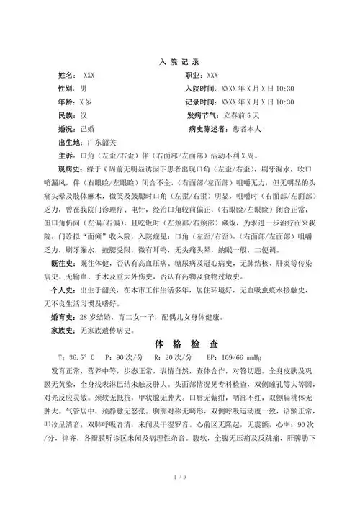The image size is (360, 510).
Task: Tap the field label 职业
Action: [194, 75]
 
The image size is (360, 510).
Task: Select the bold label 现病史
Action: [68, 170]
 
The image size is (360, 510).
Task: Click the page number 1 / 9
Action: [180, 496]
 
